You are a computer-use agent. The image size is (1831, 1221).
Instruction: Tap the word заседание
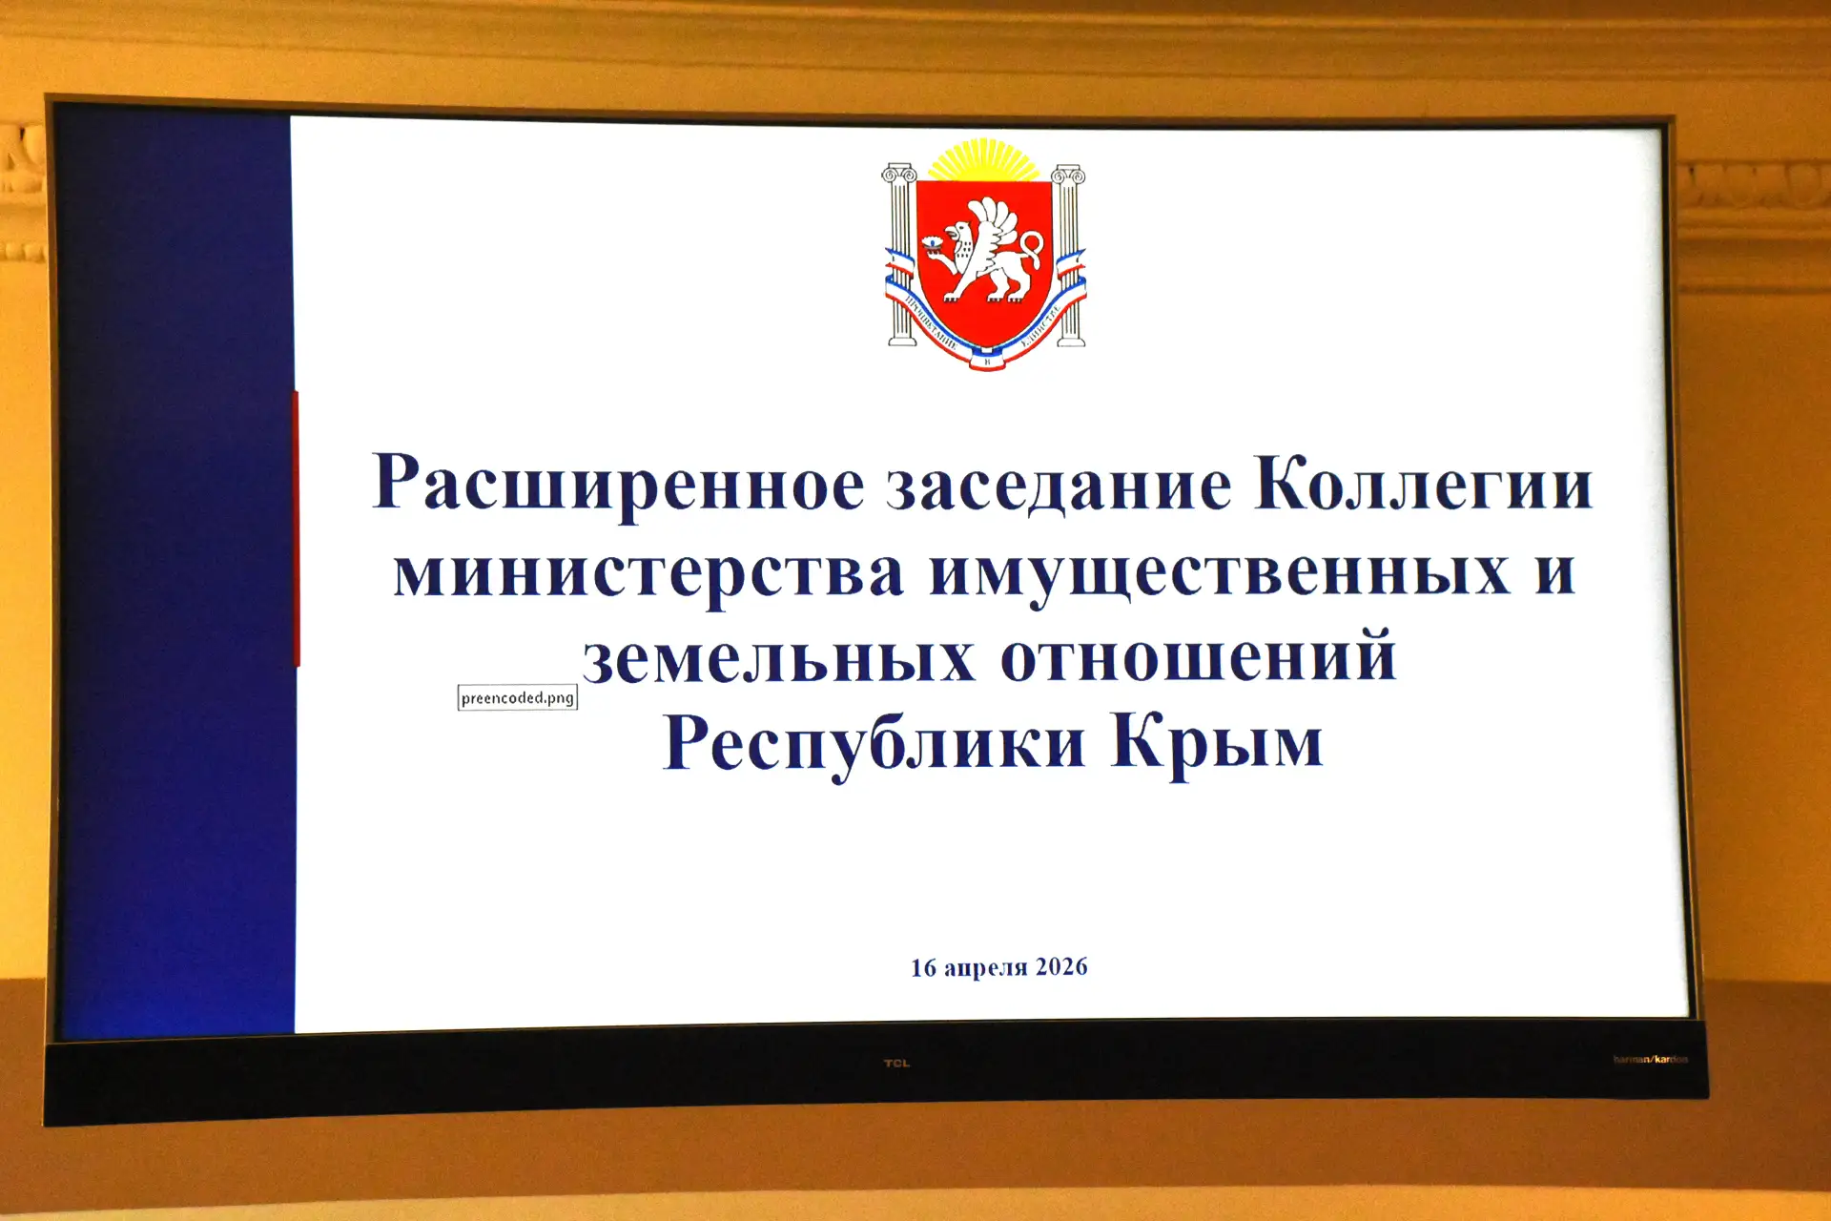click(x=1059, y=485)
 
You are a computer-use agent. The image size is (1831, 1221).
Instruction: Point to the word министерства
click(x=648, y=572)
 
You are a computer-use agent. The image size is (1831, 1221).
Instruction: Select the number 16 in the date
click(x=923, y=968)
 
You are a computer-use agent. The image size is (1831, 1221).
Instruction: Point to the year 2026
click(x=1061, y=967)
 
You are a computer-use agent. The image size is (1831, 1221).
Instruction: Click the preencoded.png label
click(x=518, y=698)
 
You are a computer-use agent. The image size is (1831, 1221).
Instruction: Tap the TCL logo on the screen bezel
click(x=896, y=1063)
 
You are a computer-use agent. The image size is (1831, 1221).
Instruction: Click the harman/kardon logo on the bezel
click(x=1650, y=1059)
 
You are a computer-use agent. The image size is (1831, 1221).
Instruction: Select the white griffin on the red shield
click(x=988, y=250)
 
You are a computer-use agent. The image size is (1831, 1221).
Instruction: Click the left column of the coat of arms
click(x=900, y=253)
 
